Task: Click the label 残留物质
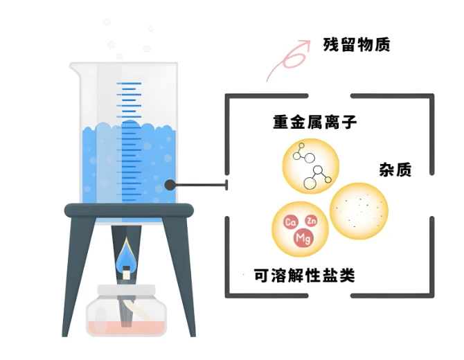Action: point(357,45)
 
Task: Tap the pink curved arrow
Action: point(288,58)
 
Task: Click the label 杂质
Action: point(395,170)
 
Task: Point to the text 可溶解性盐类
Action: point(305,276)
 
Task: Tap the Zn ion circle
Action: point(311,219)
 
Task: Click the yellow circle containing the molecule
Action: point(312,167)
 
